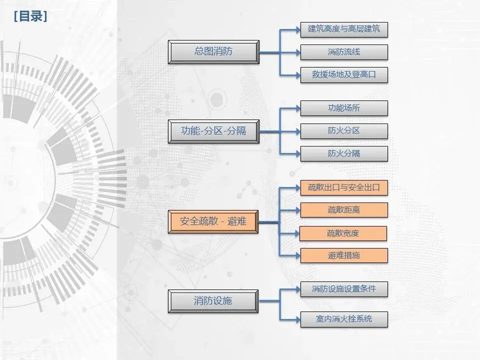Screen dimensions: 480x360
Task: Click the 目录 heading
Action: [30, 17]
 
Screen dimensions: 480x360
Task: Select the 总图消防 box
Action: [213, 52]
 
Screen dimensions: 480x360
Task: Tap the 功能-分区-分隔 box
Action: [213, 131]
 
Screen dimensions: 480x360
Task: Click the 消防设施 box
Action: [213, 301]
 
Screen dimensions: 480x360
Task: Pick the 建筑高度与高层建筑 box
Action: [344, 29]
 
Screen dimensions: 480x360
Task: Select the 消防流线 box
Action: [344, 52]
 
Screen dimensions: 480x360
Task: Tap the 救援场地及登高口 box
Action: [344, 75]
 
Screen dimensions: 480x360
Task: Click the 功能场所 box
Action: [344, 108]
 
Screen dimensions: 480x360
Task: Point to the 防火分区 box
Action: [344, 131]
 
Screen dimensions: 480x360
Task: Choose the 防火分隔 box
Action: [344, 153]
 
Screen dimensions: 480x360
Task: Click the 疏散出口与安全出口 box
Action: [344, 188]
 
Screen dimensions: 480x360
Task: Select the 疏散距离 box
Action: [344, 210]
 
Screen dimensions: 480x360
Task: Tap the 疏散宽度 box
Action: [344, 233]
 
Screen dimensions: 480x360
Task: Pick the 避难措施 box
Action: [344, 255]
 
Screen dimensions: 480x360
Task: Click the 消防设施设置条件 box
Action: [344, 289]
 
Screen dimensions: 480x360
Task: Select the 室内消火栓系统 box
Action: [344, 319]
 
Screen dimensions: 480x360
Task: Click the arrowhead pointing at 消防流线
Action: [296, 52]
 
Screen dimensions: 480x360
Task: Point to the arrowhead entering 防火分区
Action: [296, 131]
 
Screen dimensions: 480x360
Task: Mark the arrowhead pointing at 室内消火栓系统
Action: [296, 319]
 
